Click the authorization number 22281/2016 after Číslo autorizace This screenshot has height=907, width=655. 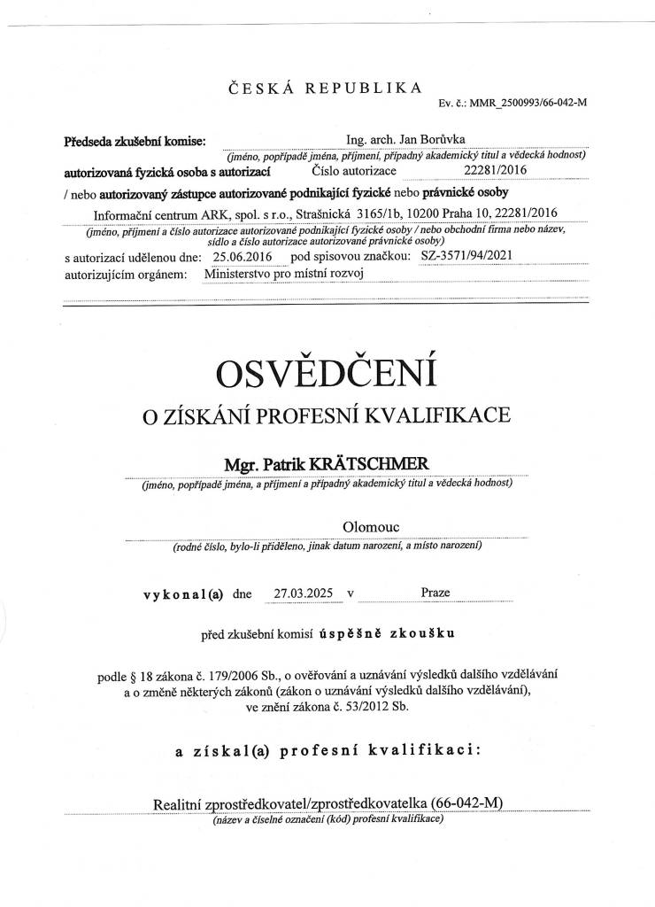point(495,170)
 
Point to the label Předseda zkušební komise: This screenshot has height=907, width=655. point(135,142)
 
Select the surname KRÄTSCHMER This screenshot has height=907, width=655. point(384,465)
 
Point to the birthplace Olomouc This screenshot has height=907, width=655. point(371,528)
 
